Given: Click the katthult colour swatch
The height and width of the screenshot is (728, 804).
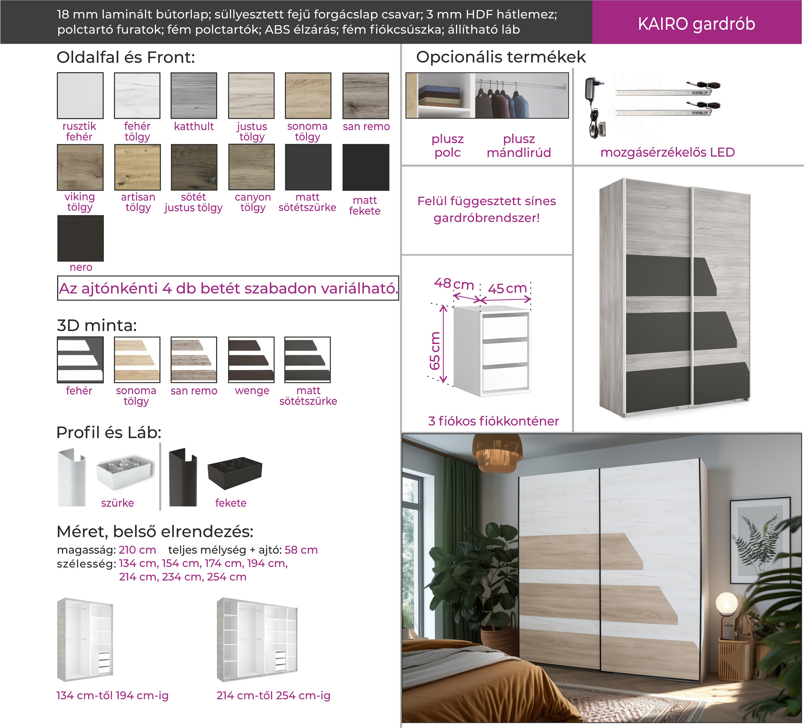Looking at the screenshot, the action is pyautogui.click(x=194, y=95).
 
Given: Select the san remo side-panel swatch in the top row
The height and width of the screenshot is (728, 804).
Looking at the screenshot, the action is pyautogui.click(x=366, y=95).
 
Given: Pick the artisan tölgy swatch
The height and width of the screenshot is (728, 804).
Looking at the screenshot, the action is pyautogui.click(x=137, y=167).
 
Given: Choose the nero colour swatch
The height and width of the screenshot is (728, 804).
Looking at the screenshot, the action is pyautogui.click(x=81, y=238).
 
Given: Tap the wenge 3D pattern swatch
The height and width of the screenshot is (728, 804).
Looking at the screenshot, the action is pyautogui.click(x=251, y=359).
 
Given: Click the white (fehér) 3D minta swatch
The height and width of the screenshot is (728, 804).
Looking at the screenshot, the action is pyautogui.click(x=80, y=359).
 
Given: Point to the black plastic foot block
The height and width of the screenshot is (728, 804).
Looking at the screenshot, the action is pyautogui.click(x=235, y=473).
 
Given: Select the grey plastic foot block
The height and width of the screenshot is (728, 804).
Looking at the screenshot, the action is pyautogui.click(x=125, y=473).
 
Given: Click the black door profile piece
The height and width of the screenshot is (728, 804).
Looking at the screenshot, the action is pyautogui.click(x=183, y=477).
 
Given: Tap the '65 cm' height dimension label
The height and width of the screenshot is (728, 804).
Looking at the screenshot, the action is pyautogui.click(x=434, y=350).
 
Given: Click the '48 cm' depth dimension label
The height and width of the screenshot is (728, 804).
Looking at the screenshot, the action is pyautogui.click(x=454, y=284).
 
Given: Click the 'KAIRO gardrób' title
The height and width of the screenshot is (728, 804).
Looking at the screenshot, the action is pyautogui.click(x=696, y=24).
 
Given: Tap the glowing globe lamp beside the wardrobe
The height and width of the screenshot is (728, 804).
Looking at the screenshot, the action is pyautogui.click(x=727, y=604).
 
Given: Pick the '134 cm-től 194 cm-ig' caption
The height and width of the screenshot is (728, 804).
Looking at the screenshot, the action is pyautogui.click(x=113, y=696).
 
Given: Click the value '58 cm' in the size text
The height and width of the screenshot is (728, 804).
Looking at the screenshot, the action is pyautogui.click(x=301, y=550).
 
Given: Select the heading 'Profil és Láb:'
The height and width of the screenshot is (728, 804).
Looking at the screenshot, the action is pyautogui.click(x=109, y=432).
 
